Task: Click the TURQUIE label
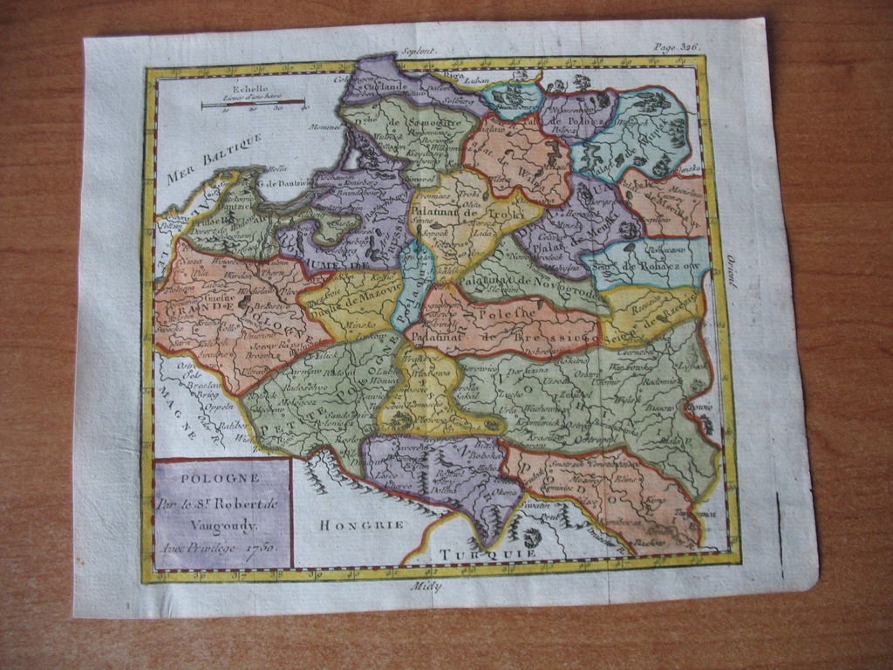pos(474,553)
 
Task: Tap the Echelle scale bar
pos(252,106)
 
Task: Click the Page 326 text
pos(677,47)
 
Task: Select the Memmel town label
pos(324,128)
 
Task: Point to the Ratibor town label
pos(231,425)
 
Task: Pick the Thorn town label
pos(262,270)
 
